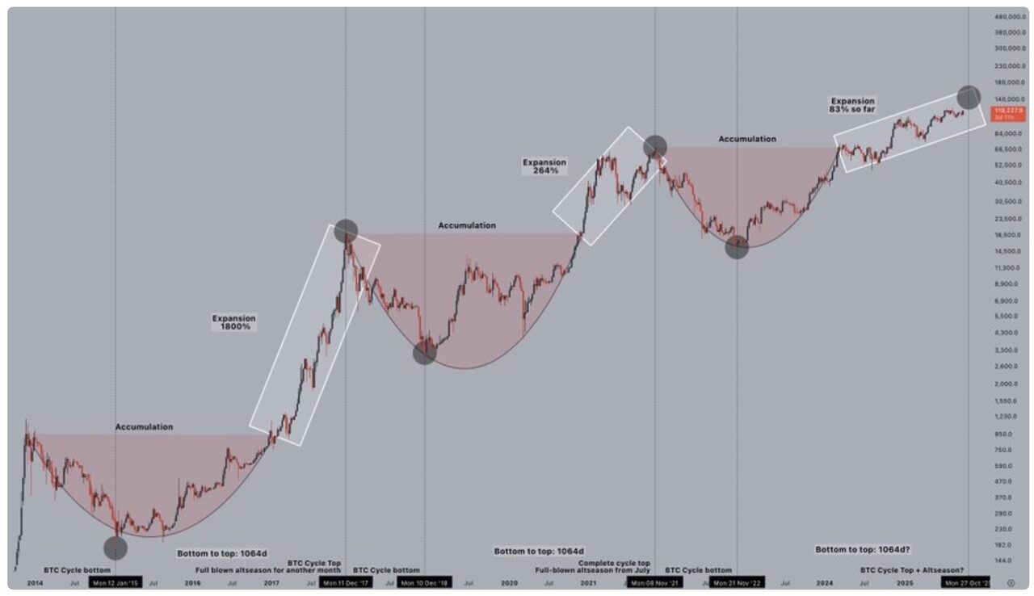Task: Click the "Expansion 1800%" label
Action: (x=233, y=322)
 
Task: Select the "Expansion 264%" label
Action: (x=544, y=166)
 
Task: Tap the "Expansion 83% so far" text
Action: (x=852, y=105)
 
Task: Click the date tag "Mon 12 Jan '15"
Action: (x=115, y=582)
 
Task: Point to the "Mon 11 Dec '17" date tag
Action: (x=345, y=582)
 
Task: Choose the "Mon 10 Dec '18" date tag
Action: (x=425, y=582)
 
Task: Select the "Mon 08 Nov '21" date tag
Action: (x=654, y=582)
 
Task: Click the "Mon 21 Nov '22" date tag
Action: (x=737, y=582)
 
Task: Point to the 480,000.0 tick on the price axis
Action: (x=1009, y=16)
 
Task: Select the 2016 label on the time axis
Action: (x=191, y=582)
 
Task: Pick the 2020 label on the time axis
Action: (x=509, y=582)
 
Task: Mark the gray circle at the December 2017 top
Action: (x=346, y=230)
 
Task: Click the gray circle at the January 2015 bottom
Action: (x=116, y=548)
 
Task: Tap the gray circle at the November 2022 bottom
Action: (x=737, y=247)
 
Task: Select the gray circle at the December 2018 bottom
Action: (x=425, y=353)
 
